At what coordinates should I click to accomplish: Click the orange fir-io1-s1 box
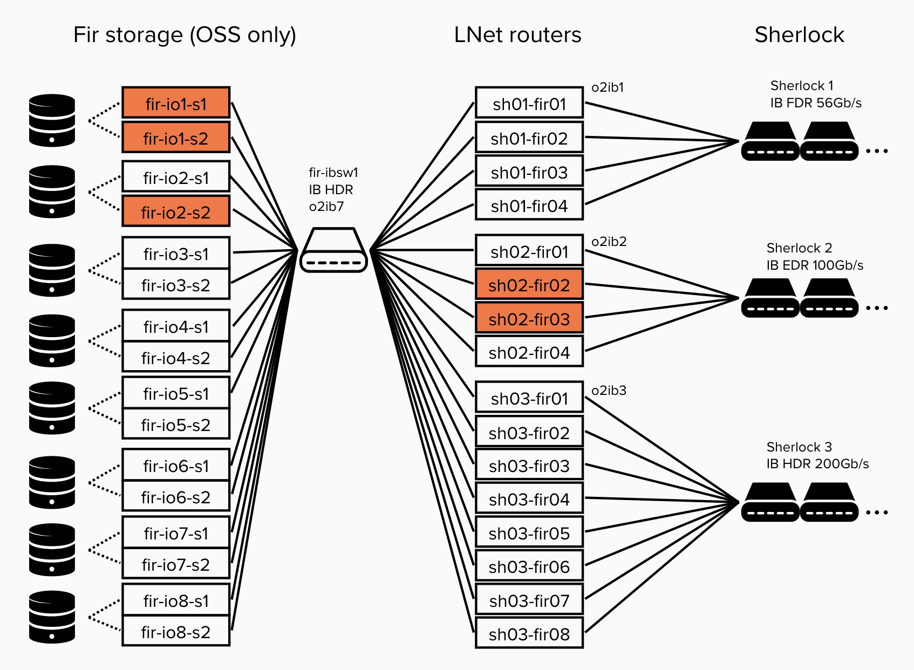point(176,102)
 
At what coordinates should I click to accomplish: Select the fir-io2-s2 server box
point(176,211)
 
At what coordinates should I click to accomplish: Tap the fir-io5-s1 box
point(176,393)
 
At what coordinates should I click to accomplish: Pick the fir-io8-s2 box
point(176,631)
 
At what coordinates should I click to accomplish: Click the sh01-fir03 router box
point(529,172)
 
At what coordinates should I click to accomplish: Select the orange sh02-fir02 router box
point(529,284)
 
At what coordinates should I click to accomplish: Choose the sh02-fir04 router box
point(529,352)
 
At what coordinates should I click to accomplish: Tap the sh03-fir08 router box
point(529,633)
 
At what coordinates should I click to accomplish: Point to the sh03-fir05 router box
point(529,532)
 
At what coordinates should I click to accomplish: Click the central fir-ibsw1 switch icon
point(334,250)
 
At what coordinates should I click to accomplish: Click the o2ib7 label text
point(326,207)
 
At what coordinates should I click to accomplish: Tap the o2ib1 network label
point(608,87)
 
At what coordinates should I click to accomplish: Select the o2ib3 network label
point(609,391)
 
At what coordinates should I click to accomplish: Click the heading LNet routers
point(517,35)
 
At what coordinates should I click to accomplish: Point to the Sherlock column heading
point(799,35)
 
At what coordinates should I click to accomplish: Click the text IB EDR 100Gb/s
point(815,265)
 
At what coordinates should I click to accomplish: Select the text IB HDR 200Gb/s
point(817,464)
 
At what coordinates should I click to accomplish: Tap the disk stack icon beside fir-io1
point(52,120)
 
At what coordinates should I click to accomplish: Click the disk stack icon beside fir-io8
point(52,617)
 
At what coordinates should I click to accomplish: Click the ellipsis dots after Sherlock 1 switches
point(877,151)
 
